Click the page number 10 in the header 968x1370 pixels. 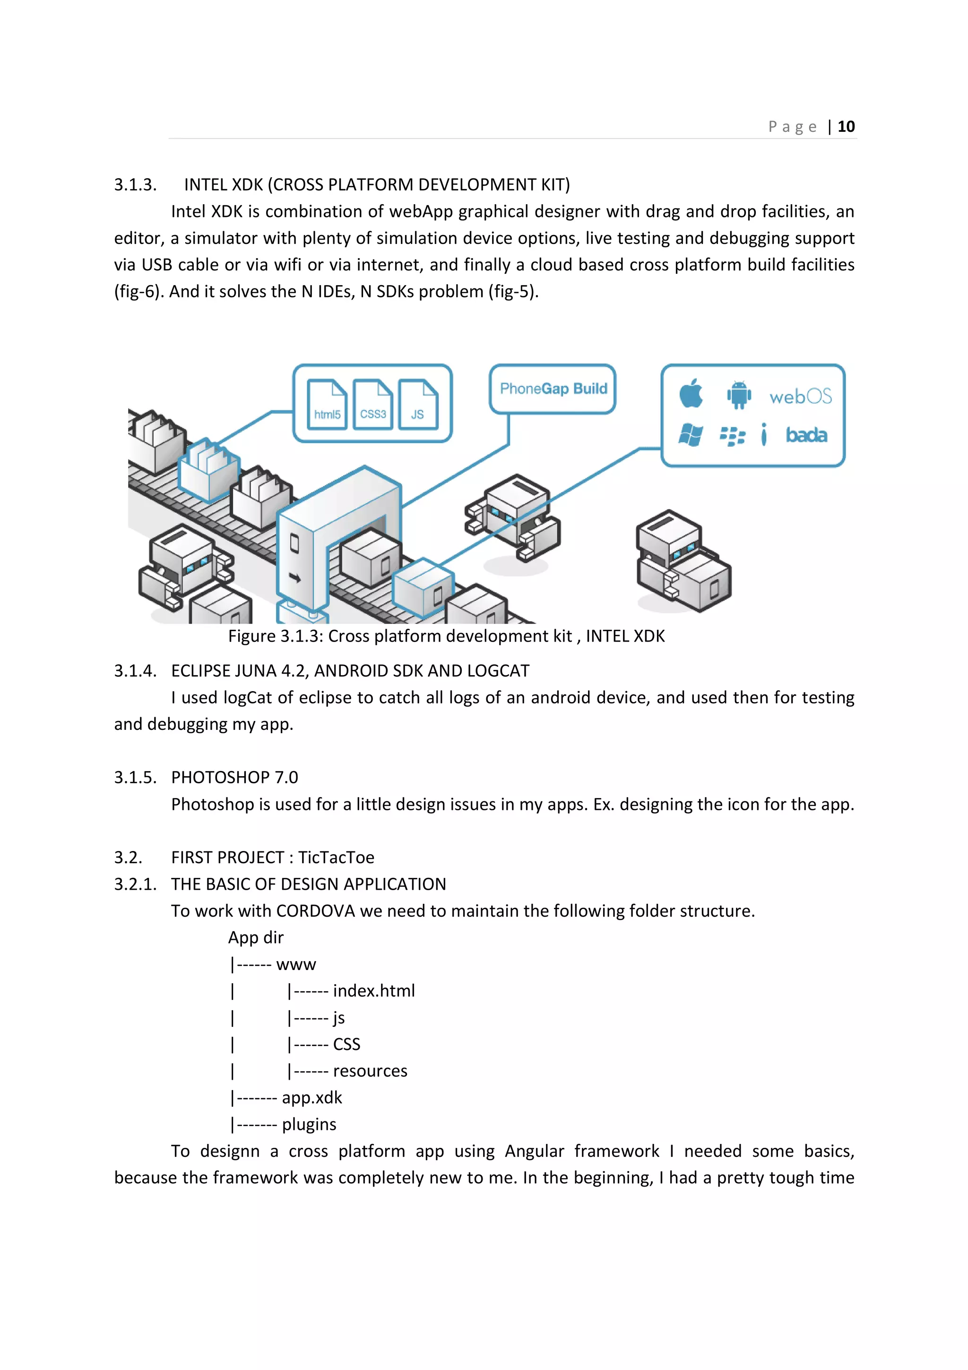tap(846, 127)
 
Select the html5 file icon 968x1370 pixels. tap(327, 405)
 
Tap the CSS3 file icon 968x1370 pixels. tap(373, 405)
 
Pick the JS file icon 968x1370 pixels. tap(418, 405)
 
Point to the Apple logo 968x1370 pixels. tap(691, 394)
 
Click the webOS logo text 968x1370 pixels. tap(800, 396)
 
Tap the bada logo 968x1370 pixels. tap(806, 435)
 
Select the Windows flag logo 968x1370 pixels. tap(691, 435)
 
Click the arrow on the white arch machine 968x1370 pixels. tap(294, 577)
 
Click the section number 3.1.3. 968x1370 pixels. tap(135, 185)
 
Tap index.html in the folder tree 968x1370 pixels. tap(373, 991)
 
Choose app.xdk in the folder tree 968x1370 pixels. tap(312, 1098)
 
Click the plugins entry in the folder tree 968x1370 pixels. tap(309, 1125)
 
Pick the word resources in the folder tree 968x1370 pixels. tap(370, 1071)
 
